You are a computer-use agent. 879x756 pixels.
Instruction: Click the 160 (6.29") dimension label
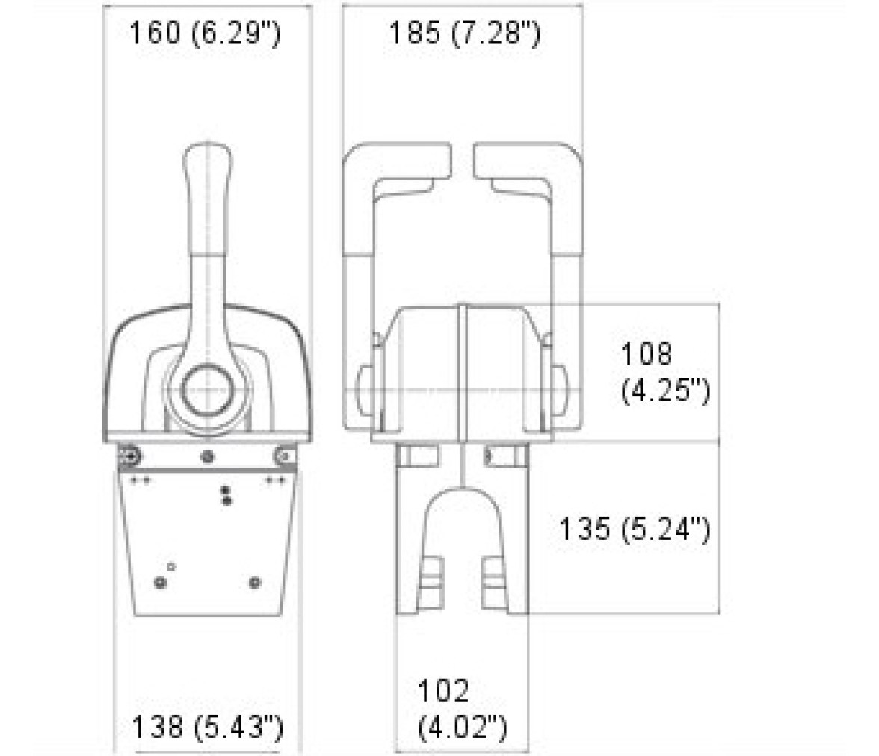click(205, 33)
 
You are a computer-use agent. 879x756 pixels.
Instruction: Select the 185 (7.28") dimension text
click(465, 33)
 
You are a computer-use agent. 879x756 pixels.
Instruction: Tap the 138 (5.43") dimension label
click(208, 727)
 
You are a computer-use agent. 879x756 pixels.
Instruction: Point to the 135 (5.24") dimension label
click(635, 528)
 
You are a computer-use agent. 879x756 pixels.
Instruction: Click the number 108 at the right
click(646, 353)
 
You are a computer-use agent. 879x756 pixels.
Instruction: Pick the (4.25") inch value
click(665, 389)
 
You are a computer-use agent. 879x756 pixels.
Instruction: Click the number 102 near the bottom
click(442, 690)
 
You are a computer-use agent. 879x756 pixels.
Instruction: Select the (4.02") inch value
click(463, 727)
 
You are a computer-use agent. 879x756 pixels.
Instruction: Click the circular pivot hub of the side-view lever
click(208, 390)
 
